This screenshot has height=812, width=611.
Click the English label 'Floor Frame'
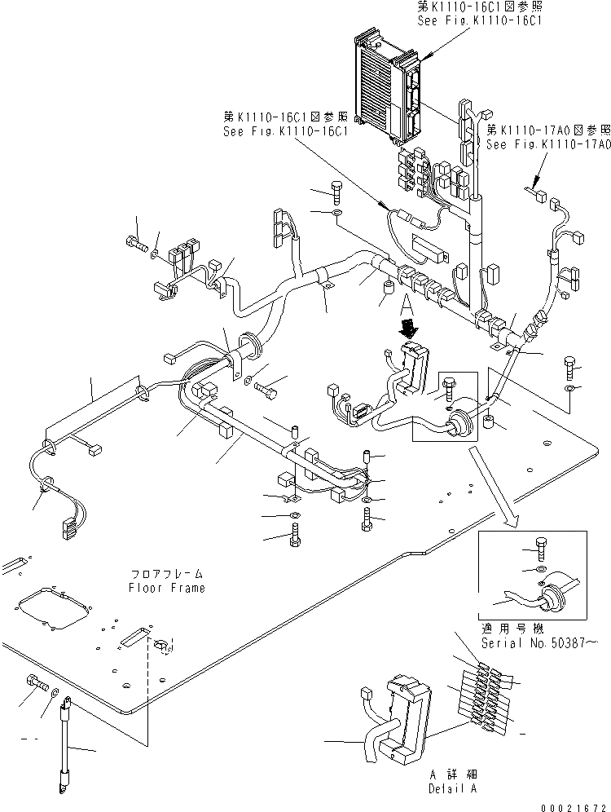[166, 588]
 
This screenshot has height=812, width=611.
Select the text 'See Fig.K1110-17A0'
[547, 143]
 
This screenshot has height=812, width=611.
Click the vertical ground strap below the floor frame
[66, 741]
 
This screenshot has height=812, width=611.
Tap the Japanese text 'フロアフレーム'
[166, 574]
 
